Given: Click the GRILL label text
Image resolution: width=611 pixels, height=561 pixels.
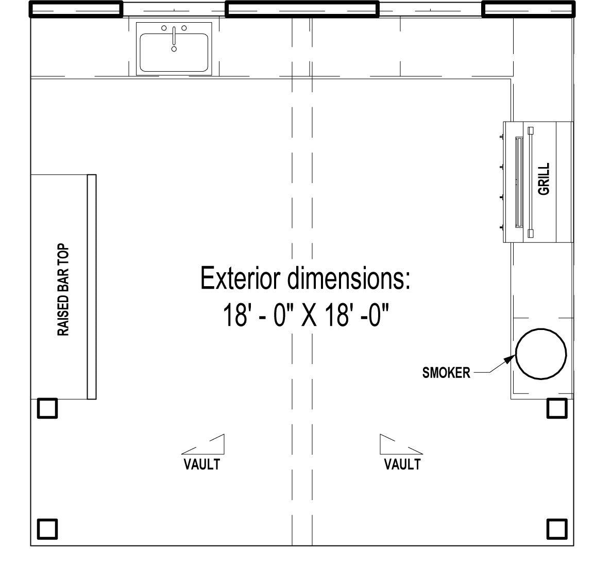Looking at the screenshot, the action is click(x=544, y=179).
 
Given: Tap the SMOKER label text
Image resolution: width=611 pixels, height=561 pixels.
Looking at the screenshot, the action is click(x=446, y=373).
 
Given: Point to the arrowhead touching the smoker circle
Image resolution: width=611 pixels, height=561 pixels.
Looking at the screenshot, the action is click(x=510, y=359).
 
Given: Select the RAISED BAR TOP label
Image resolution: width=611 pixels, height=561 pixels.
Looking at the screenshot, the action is click(x=63, y=290).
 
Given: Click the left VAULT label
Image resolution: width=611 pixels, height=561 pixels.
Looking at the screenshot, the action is click(x=202, y=464).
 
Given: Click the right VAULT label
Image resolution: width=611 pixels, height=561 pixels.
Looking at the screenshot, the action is click(x=402, y=464).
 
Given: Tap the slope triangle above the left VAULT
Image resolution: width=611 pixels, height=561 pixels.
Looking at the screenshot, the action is click(x=224, y=445).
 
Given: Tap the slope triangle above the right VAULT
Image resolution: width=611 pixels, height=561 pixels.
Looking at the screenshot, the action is click(x=381, y=445).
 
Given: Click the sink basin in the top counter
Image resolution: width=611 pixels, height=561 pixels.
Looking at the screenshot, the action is click(x=174, y=52).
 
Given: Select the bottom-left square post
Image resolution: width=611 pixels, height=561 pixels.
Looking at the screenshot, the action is click(x=47, y=529).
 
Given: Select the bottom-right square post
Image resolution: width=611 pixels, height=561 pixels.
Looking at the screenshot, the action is click(x=557, y=529).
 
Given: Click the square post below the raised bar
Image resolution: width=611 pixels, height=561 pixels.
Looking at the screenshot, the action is click(x=47, y=408).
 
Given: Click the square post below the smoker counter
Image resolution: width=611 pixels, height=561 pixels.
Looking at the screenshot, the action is click(x=557, y=408).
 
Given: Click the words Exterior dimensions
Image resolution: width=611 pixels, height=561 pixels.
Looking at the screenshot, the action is click(x=305, y=278).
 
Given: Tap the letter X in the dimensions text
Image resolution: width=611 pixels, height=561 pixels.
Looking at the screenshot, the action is click(x=310, y=315).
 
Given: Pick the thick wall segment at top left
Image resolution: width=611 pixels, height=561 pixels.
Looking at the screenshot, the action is click(x=76, y=9).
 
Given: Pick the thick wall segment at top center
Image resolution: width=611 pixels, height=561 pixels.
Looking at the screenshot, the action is click(x=302, y=9).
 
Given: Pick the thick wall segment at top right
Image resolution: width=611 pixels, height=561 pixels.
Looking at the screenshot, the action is click(x=529, y=9).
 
